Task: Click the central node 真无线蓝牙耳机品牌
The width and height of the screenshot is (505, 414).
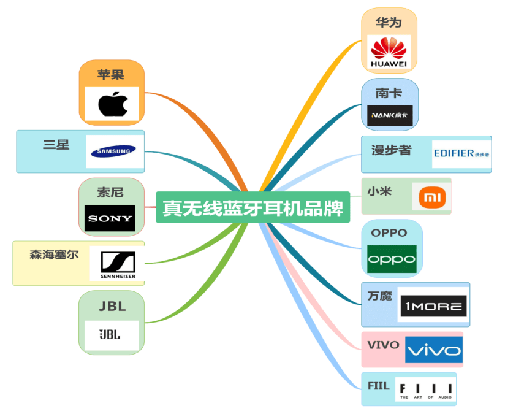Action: (x=252, y=208)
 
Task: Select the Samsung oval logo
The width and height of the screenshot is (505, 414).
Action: (x=114, y=151)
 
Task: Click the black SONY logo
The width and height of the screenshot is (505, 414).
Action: (x=110, y=218)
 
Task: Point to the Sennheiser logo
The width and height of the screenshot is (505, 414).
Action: (x=117, y=264)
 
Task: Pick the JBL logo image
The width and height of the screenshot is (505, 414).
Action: (x=111, y=334)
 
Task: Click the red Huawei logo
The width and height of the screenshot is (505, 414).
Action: (x=389, y=52)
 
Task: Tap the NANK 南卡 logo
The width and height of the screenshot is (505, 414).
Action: (x=390, y=115)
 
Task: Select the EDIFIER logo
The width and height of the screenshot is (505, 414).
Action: (x=461, y=153)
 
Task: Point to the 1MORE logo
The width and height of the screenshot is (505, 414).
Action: (x=432, y=305)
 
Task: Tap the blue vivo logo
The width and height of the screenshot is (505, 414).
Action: (x=433, y=350)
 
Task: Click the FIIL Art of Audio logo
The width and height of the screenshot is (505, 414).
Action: (x=426, y=389)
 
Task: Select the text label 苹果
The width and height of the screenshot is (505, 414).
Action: (x=110, y=75)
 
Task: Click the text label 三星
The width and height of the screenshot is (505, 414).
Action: (x=56, y=145)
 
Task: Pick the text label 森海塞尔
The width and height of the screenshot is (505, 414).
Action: (x=54, y=254)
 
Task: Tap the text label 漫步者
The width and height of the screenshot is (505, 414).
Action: (x=391, y=150)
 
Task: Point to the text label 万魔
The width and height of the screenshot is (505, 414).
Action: (x=380, y=296)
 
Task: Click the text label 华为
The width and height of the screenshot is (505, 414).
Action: (x=389, y=23)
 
